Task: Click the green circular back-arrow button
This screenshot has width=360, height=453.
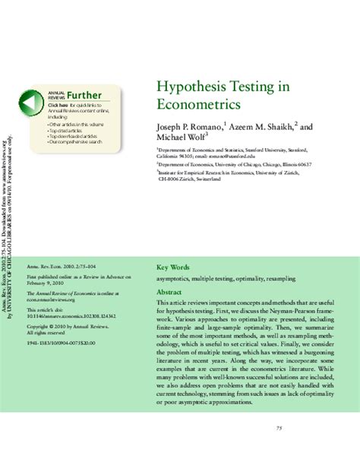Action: [30, 103]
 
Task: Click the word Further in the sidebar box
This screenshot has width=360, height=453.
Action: [84, 94]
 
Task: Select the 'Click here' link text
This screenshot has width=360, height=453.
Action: [58, 104]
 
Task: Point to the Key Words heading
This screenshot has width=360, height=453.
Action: [172, 268]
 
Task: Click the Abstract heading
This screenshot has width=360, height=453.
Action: [170, 293]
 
